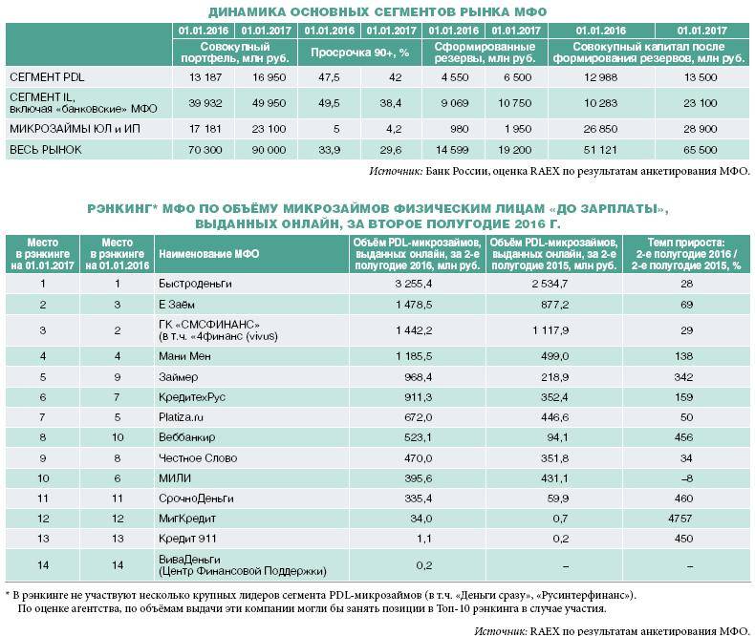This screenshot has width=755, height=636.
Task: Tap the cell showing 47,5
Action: coord(330,74)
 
